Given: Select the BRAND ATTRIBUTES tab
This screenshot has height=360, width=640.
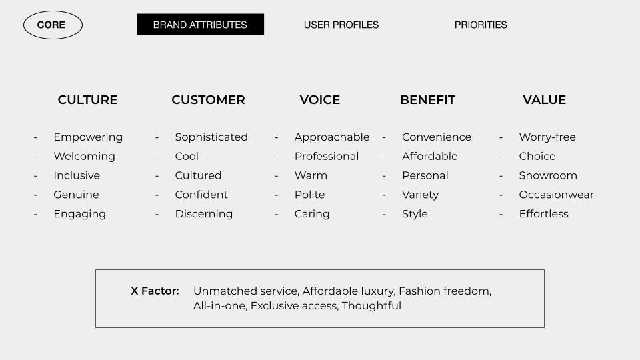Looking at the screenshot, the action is pyautogui.click(x=201, y=25).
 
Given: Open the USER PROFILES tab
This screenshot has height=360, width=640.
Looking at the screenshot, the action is pyautogui.click(x=341, y=25).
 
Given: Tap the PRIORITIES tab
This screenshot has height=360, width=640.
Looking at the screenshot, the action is pyautogui.click(x=481, y=25).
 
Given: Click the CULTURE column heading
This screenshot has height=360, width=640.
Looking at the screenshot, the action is pyautogui.click(x=88, y=99).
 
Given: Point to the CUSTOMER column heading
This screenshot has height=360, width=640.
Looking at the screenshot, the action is pyautogui.click(x=208, y=99).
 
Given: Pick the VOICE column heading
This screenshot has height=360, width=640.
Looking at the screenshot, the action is pyautogui.click(x=320, y=99).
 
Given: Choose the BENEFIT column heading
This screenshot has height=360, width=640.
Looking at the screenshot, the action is pyautogui.click(x=428, y=99).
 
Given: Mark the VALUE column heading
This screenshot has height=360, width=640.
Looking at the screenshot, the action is pyautogui.click(x=545, y=99).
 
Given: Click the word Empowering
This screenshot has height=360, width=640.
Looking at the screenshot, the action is pyautogui.click(x=88, y=137).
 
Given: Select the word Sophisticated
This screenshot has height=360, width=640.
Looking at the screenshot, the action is pyautogui.click(x=211, y=137).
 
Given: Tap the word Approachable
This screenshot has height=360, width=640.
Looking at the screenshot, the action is pyautogui.click(x=332, y=137).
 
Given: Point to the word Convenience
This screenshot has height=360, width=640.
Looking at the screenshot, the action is pyautogui.click(x=437, y=137).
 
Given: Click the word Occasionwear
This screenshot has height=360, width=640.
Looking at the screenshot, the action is pyautogui.click(x=556, y=195).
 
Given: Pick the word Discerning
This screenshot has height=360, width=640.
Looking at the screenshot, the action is pyautogui.click(x=204, y=214).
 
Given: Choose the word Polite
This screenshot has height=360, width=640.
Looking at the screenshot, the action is pyautogui.click(x=310, y=195).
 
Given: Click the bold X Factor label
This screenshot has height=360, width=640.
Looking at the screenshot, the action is pyautogui.click(x=155, y=291).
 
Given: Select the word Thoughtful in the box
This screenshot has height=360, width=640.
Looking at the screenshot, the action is pyautogui.click(x=371, y=306).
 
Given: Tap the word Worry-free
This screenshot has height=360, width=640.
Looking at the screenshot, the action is pyautogui.click(x=547, y=137).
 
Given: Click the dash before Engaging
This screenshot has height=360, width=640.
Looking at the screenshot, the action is pyautogui.click(x=35, y=214).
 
